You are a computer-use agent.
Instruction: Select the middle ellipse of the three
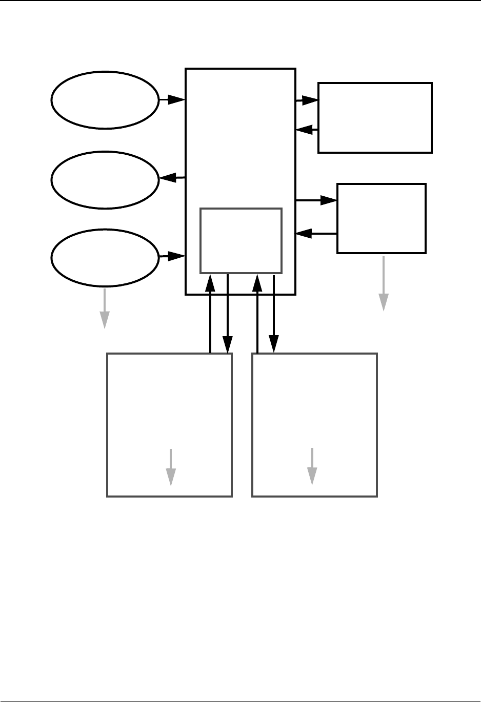pyautogui.click(x=105, y=179)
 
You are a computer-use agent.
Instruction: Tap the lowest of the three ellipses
pyautogui.click(x=105, y=257)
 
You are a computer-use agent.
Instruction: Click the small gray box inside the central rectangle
pyautogui.click(x=240, y=240)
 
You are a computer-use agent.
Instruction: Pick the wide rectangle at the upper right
pyautogui.click(x=375, y=117)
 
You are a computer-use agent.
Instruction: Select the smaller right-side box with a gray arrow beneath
pyautogui.click(x=381, y=218)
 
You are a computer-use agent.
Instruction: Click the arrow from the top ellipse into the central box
pyautogui.click(x=172, y=100)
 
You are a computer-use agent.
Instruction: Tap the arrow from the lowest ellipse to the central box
pyautogui.click(x=172, y=255)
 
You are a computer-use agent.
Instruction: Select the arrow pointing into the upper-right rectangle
pyautogui.click(x=307, y=101)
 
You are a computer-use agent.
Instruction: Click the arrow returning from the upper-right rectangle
pyautogui.click(x=307, y=131)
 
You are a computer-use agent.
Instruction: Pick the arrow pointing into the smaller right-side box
pyautogui.click(x=316, y=200)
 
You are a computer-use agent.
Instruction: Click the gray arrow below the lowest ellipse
pyautogui.click(x=105, y=308)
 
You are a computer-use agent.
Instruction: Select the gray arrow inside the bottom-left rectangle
pyautogui.click(x=171, y=467)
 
